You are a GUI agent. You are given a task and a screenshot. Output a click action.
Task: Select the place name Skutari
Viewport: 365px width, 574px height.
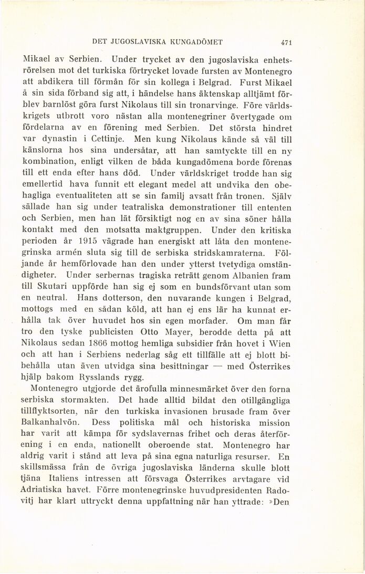(x=52, y=287)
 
